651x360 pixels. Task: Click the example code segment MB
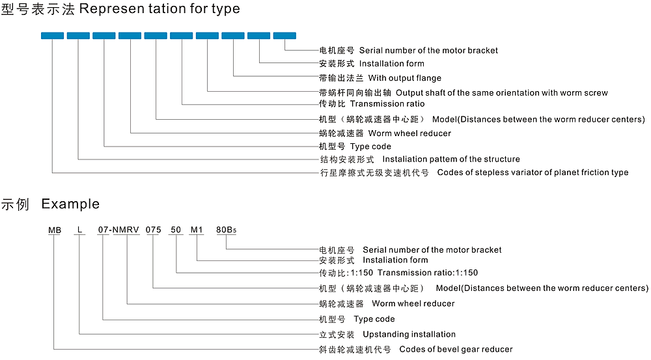[55, 230]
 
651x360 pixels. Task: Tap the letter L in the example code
[79, 230]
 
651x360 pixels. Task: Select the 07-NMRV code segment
[118, 230]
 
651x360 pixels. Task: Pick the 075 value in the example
[153, 230]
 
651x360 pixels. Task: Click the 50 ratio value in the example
[176, 230]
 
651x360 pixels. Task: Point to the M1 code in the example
[197, 230]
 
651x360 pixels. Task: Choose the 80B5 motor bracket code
[227, 230]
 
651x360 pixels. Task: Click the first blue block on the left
[52, 36]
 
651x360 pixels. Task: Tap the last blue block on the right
[284, 36]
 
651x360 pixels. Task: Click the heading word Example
[70, 204]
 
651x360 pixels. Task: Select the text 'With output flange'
[405, 78]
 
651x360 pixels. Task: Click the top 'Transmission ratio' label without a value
[387, 104]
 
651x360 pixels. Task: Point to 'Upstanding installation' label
[409, 334]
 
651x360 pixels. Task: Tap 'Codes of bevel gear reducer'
[456, 349]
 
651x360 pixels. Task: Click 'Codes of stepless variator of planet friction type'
[533, 173]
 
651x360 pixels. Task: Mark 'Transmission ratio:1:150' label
[428, 273]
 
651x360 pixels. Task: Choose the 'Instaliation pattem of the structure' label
[451, 159]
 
